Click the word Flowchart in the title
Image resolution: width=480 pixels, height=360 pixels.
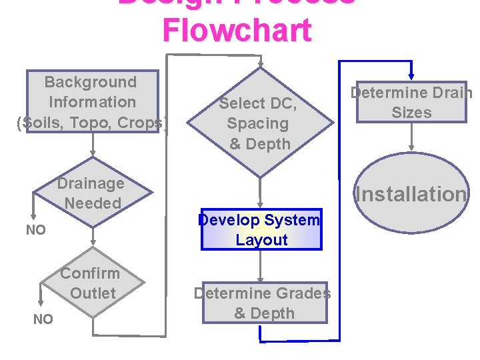[x=237, y=31]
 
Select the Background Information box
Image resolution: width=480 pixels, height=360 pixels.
[x=91, y=102]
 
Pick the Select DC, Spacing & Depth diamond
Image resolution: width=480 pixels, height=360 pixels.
[x=259, y=123]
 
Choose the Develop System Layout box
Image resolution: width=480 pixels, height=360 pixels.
[x=261, y=230]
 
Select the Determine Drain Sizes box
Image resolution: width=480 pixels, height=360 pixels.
[x=411, y=103]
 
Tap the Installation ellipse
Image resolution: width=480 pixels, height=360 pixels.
[x=411, y=194]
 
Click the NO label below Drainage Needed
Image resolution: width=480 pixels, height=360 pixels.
[x=35, y=231]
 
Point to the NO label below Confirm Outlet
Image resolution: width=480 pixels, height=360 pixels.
[x=43, y=319]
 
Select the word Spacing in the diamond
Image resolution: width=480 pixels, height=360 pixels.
[x=258, y=123]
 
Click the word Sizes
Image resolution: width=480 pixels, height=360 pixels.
[x=411, y=113]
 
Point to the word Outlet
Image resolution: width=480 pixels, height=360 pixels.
[x=93, y=293]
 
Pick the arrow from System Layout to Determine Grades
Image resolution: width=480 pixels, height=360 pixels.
[x=261, y=266]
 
